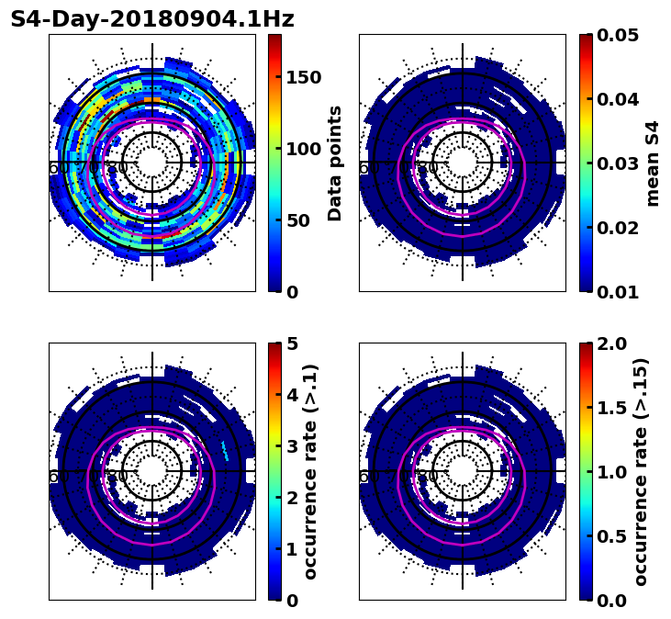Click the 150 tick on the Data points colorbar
click(x=304, y=77)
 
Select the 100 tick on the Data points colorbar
click(x=304, y=149)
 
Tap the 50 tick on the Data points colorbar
click(x=298, y=220)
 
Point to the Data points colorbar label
click(x=335, y=163)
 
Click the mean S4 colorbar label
click(x=653, y=163)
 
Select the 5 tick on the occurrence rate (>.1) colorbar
click(x=292, y=343)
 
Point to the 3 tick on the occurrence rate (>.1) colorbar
click(x=292, y=446)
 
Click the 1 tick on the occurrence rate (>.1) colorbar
click(x=292, y=549)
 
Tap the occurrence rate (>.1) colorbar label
click(x=310, y=471)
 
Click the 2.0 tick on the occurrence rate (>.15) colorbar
click(x=610, y=343)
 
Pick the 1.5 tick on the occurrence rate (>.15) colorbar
click(x=610, y=408)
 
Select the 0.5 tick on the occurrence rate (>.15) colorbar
click(x=610, y=536)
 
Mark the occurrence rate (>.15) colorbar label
click(x=641, y=471)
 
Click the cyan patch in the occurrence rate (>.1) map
click(x=225, y=449)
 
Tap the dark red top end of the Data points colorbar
click(x=274, y=38)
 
